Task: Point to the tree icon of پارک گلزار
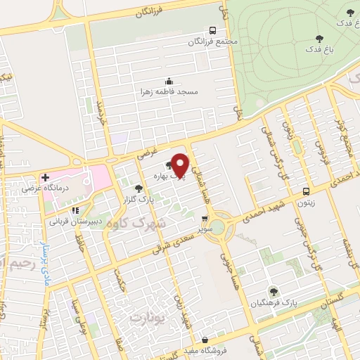click(139, 188)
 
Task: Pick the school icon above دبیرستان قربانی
click(74, 210)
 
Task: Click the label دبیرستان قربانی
click(75, 221)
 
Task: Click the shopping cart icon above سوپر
click(205, 219)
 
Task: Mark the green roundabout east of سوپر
click(218, 226)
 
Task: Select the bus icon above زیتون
click(305, 191)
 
